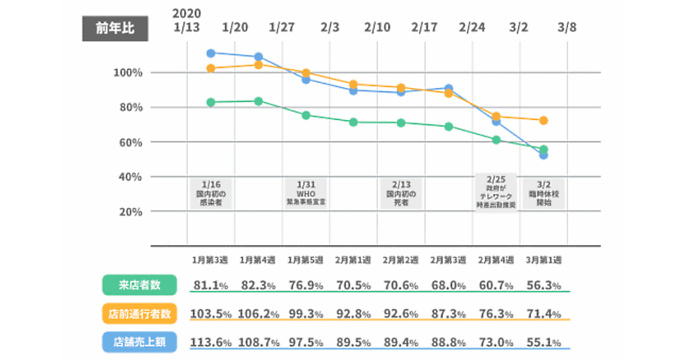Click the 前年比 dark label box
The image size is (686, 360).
point(115,28)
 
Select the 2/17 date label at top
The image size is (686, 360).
point(424,27)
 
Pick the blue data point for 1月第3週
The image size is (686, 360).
point(210,53)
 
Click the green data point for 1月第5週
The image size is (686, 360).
point(306,115)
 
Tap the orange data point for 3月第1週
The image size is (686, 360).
point(544,121)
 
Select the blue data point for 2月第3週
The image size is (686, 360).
point(449,89)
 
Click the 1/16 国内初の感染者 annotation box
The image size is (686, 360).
point(210,193)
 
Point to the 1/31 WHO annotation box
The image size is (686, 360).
point(306,193)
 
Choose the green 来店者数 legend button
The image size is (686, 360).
point(139,285)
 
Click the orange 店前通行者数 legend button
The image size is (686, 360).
point(139,313)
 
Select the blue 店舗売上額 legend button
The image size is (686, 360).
point(139,342)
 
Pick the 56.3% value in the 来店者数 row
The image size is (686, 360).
point(543,285)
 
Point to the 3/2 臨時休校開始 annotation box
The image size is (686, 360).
point(544,193)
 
